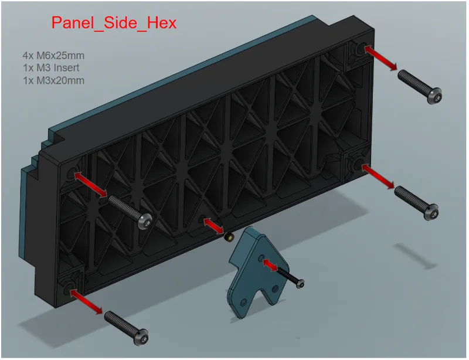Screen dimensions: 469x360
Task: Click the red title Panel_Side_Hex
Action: pyautogui.click(x=114, y=23)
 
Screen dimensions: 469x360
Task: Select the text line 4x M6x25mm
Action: pyautogui.click(x=53, y=55)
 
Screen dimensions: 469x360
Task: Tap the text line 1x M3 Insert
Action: pyautogui.click(x=51, y=68)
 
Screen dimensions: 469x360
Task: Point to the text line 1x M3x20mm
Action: pyautogui.click(x=53, y=80)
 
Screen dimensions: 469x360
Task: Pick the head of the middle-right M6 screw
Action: pyautogui.click(x=431, y=212)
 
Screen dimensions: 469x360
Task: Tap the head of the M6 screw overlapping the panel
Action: pyautogui.click(x=145, y=220)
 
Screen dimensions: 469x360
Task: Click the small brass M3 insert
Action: pyautogui.click(x=229, y=236)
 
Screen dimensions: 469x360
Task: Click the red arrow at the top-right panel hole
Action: pyautogui.click(x=380, y=58)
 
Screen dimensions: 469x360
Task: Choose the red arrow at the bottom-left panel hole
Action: pyautogui.click(x=86, y=302)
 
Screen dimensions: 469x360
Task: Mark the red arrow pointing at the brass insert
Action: pyautogui.click(x=213, y=226)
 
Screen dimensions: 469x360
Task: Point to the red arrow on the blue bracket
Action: pyautogui.click(x=270, y=266)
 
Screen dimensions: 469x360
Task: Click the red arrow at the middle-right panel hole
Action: pyautogui.click(x=378, y=176)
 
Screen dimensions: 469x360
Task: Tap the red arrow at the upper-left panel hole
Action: pyautogui.click(x=91, y=184)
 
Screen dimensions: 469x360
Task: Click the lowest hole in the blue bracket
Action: pyautogui.click(x=243, y=303)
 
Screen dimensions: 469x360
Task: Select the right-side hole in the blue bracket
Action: pyautogui.click(x=275, y=289)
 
